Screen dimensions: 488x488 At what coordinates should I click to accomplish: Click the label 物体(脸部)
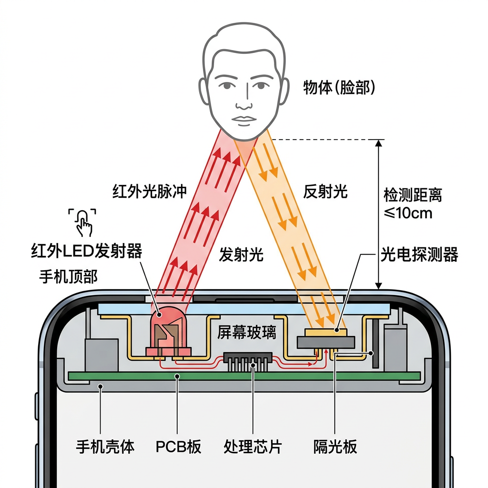[x=339, y=88]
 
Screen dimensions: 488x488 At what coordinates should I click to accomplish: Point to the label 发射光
[x=241, y=255]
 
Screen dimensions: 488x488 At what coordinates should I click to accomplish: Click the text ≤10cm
[x=408, y=213]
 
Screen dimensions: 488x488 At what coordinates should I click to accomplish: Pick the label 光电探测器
[x=419, y=255]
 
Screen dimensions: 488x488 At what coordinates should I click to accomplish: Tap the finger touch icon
[x=83, y=222]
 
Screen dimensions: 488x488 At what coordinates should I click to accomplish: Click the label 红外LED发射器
[x=86, y=251]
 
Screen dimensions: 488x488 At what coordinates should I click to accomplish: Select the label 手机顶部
[x=68, y=276]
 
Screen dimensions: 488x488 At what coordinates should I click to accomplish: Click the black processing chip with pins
[x=247, y=358]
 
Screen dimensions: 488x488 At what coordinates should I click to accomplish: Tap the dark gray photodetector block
[x=326, y=341]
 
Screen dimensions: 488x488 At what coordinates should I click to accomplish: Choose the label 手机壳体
[x=105, y=447]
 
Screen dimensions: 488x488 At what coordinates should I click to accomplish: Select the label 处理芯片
[x=253, y=447]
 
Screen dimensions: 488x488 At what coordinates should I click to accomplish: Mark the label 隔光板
[x=335, y=447]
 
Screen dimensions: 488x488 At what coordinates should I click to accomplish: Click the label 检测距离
[x=413, y=194]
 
